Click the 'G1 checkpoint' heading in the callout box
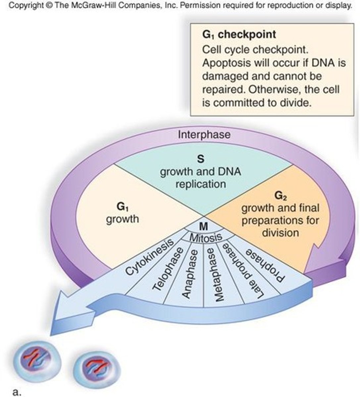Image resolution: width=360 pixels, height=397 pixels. click(x=239, y=34)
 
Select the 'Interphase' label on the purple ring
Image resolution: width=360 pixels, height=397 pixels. click(x=204, y=135)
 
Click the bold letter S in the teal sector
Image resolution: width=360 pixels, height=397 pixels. click(x=200, y=159)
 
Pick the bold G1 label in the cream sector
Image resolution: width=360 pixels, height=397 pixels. click(x=122, y=207)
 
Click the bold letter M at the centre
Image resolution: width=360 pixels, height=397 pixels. click(x=204, y=227)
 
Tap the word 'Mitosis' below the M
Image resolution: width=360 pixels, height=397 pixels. click(x=205, y=237)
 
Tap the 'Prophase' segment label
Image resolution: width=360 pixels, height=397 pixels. click(x=265, y=265)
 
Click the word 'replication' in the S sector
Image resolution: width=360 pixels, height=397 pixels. click(x=201, y=184)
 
